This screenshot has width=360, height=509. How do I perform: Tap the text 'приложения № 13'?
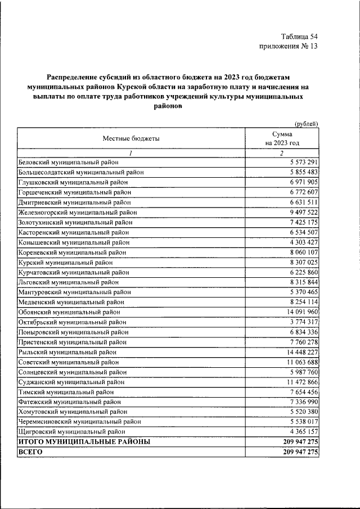tap(289, 47)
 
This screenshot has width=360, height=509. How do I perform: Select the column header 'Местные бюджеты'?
tap(131, 138)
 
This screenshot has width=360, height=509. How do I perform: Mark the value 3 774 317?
tap(300, 322)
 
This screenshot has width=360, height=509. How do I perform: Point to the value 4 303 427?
tap(300, 242)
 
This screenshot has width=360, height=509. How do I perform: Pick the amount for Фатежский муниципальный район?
tap(300, 402)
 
